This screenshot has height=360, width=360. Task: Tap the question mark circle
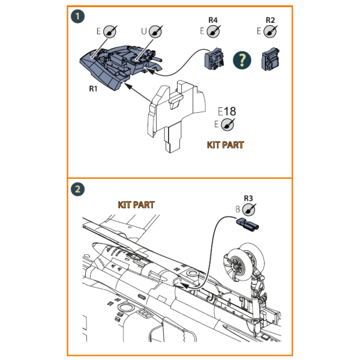242,59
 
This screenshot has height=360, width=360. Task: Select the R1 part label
92,88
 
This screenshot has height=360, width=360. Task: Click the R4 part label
212,20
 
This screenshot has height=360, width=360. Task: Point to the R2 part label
270,20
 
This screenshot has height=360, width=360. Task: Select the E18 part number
227,112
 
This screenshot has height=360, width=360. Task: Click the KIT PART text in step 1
225,145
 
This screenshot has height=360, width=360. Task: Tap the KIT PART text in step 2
136,205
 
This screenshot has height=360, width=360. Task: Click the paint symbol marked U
156,31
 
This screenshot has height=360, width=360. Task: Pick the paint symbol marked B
251,209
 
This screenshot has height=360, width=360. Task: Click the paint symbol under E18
227,124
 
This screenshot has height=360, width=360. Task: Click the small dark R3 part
247,225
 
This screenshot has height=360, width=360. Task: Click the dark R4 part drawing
215,59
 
